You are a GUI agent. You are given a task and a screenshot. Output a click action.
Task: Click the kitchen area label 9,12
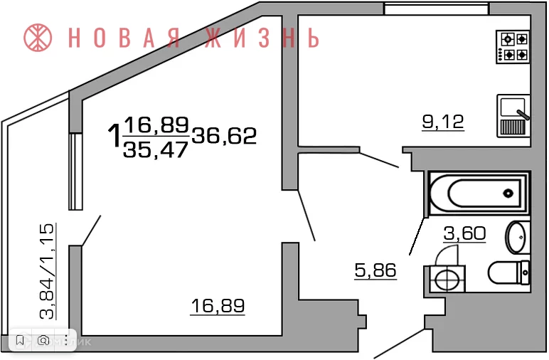tap(442, 122)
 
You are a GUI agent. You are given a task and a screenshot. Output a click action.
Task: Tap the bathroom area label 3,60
tap(464, 233)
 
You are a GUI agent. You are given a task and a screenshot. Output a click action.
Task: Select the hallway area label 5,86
tap(375, 270)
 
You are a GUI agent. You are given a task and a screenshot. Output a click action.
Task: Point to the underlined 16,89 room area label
tap(218, 306)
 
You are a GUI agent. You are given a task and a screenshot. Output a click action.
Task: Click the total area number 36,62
tap(224, 134)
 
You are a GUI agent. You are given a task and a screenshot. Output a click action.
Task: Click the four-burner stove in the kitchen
tap(513, 46)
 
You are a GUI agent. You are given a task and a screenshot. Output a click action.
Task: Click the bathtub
tap(479, 193)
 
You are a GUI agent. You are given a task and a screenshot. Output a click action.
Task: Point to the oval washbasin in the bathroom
tap(517, 237)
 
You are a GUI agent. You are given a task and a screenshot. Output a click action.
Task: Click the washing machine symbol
tap(446, 277)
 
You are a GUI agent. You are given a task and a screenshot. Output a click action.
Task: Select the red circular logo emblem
tap(39, 38)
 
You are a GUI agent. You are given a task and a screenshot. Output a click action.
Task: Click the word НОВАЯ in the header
tap(122, 38)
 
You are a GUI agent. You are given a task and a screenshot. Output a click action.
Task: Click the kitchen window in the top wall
tap(435, 9)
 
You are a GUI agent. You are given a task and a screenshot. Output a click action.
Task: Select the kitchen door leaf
tap(379, 160)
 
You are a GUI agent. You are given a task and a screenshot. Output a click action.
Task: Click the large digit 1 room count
tap(113, 134)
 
